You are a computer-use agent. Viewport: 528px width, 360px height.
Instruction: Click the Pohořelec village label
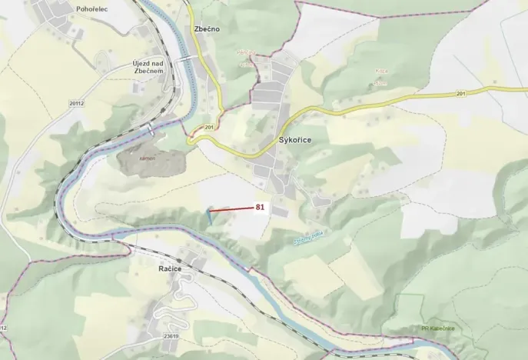pyautogui.click(x=71, y=7)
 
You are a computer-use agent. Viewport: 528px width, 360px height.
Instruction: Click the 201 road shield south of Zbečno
pyautogui.click(x=209, y=126)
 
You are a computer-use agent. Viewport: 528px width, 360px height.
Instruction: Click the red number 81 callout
pyautogui.click(x=260, y=207)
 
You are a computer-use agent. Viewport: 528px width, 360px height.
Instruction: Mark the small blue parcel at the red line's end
pyautogui.click(x=208, y=215)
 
